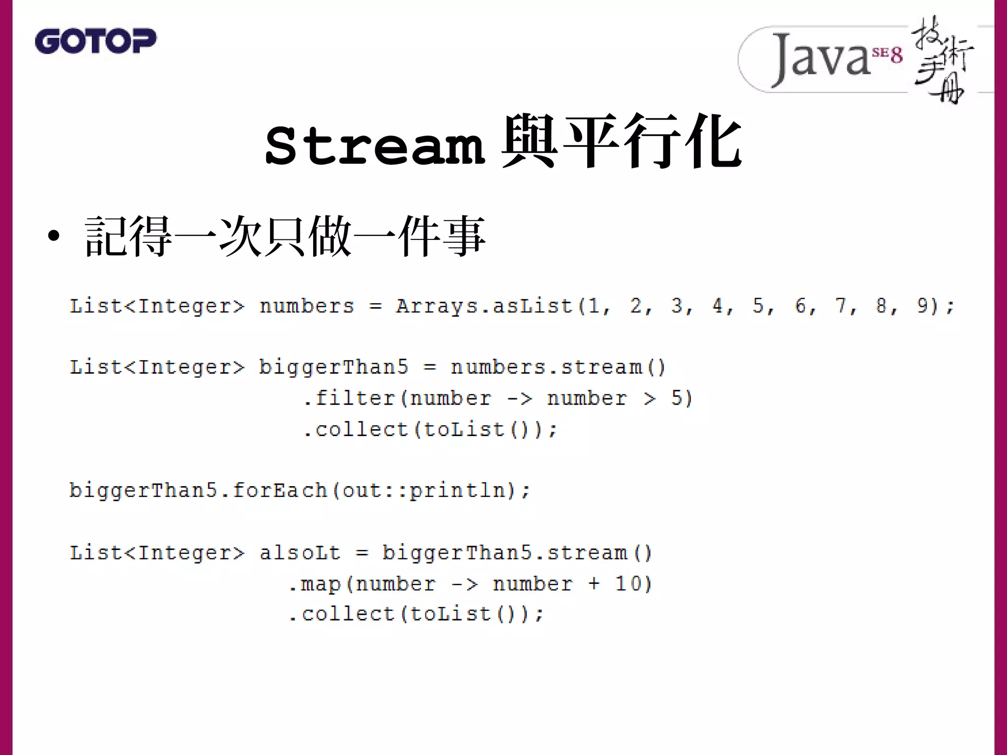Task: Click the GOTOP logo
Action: [95, 41]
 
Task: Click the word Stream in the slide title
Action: [375, 145]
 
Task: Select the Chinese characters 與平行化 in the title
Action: [621, 143]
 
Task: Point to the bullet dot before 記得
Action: [54, 236]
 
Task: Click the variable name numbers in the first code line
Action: [307, 306]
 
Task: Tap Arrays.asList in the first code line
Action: [484, 306]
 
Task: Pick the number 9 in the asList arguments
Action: [922, 306]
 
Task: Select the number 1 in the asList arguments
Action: [594, 306]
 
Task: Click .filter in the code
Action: [349, 398]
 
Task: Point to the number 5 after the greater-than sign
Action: [677, 398]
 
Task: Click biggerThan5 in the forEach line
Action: [143, 491]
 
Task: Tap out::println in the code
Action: [424, 491]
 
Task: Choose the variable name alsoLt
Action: [300, 553]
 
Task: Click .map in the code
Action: [315, 584]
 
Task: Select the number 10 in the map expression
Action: [627, 584]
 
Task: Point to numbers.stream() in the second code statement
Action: [558, 368]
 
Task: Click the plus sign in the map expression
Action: [594, 584]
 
